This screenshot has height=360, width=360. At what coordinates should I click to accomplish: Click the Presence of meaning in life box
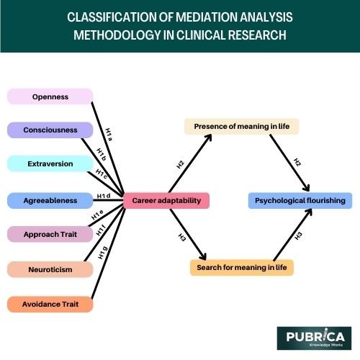[x=236, y=127]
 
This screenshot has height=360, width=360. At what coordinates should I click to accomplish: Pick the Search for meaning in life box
[x=240, y=268]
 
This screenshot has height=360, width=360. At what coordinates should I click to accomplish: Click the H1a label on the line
[x=108, y=132]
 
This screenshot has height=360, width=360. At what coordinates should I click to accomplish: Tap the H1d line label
[x=103, y=196]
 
